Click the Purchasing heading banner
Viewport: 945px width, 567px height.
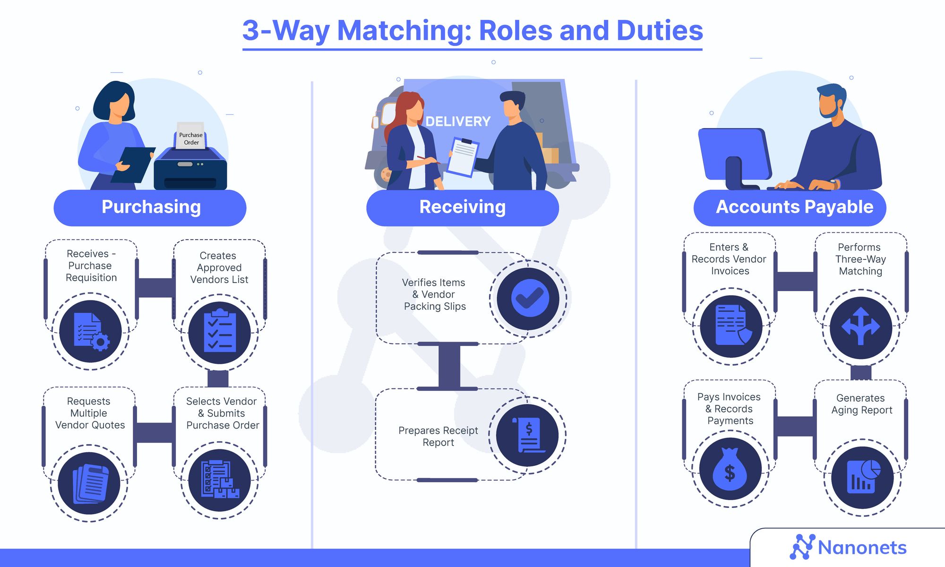point(150,207)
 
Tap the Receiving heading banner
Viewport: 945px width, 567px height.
point(462,207)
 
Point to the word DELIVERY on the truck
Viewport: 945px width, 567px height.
point(458,121)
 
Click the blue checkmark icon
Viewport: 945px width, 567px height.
point(529,298)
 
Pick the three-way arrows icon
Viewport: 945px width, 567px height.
point(861,327)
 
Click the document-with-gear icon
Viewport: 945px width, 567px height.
point(91,332)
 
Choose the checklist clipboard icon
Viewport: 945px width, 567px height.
point(220,332)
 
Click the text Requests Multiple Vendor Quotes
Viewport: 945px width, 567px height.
point(90,413)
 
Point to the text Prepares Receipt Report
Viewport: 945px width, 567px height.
point(438,436)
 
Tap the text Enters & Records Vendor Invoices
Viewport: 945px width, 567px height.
point(729,259)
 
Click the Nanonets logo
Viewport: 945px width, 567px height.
point(848,548)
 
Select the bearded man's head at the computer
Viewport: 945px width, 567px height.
point(831,102)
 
